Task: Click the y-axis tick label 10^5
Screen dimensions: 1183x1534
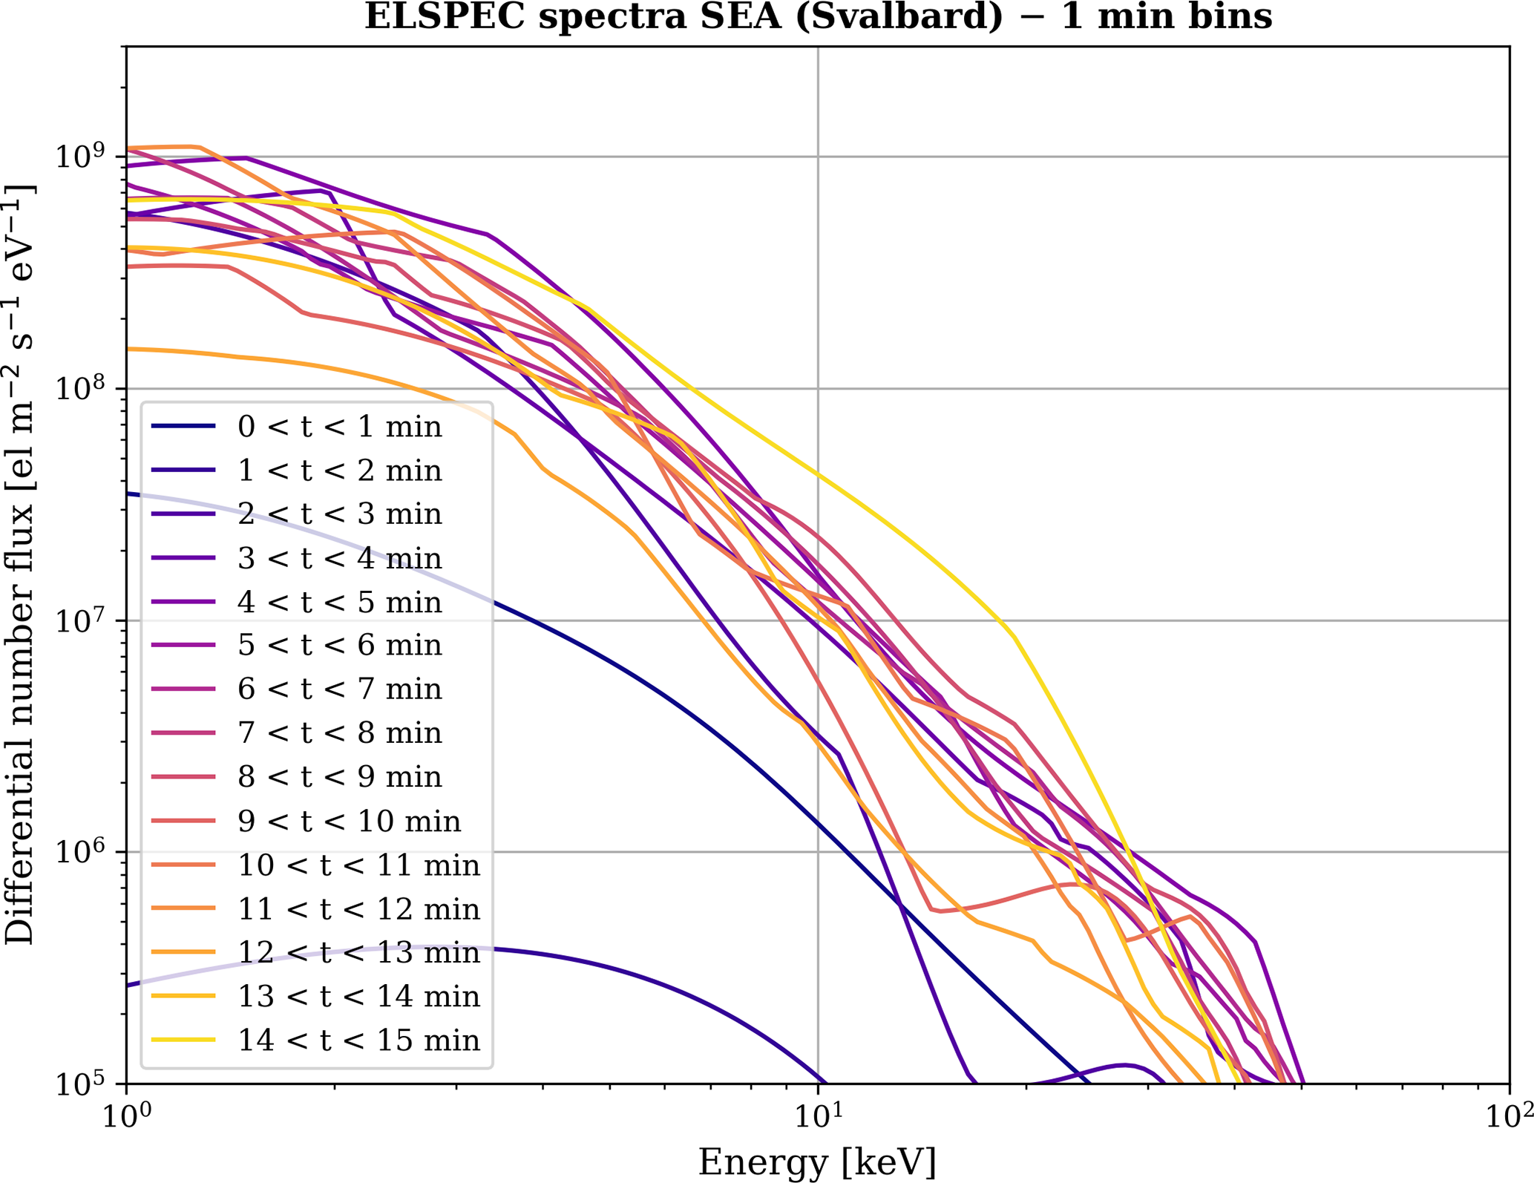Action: coord(88,1083)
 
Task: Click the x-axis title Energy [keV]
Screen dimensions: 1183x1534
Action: coord(817,1161)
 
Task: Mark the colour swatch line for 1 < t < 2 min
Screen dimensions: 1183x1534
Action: coord(183,471)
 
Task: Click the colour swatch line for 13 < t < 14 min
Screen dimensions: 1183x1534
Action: coord(183,997)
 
